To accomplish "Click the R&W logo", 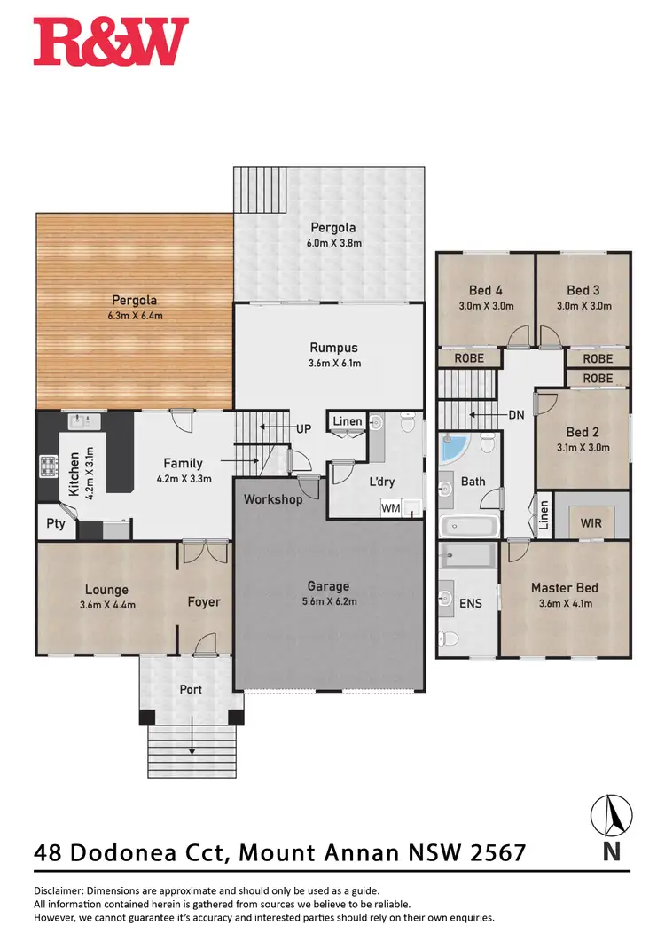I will [x=111, y=42].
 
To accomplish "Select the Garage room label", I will [x=328, y=585].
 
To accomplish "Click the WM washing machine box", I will [x=391, y=508].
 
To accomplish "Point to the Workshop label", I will [x=273, y=499].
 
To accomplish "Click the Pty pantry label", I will [x=55, y=523].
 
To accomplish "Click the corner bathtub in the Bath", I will [x=458, y=449].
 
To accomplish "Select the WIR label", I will [x=591, y=522].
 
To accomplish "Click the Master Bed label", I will [x=564, y=587].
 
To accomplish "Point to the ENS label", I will [x=470, y=603].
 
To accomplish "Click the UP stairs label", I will [x=304, y=428].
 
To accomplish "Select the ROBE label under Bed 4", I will [x=468, y=358].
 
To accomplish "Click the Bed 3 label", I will [x=583, y=290].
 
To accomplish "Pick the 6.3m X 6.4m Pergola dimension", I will [x=134, y=316].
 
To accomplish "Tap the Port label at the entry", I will [x=191, y=689].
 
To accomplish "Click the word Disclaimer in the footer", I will [x=63, y=890].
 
